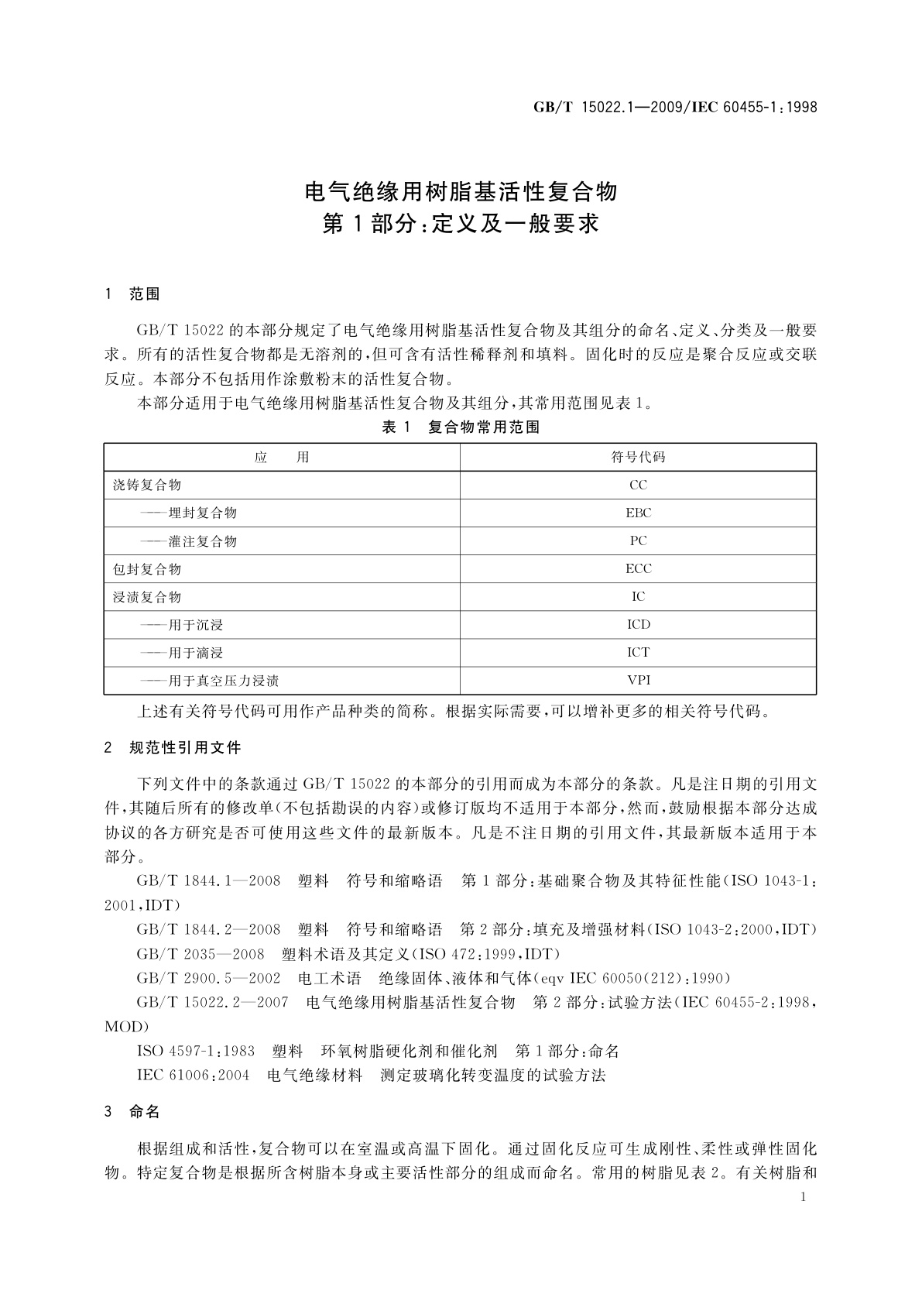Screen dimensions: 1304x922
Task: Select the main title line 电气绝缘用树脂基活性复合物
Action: point(461,191)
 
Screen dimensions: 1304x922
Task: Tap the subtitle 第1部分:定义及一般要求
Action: point(461,225)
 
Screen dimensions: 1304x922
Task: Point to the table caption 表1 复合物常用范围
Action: point(461,427)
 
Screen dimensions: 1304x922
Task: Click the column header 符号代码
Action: point(638,457)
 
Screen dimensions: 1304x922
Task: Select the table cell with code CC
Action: point(638,486)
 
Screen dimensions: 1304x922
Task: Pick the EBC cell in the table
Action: point(638,513)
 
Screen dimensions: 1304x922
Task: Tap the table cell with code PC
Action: point(638,540)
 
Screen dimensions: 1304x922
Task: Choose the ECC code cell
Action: point(638,568)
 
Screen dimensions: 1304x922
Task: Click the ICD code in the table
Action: point(638,624)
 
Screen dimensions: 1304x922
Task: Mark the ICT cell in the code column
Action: point(638,652)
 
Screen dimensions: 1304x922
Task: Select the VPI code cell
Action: point(638,680)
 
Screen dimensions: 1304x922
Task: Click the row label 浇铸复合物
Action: point(147,486)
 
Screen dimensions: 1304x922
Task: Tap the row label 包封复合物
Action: point(147,569)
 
